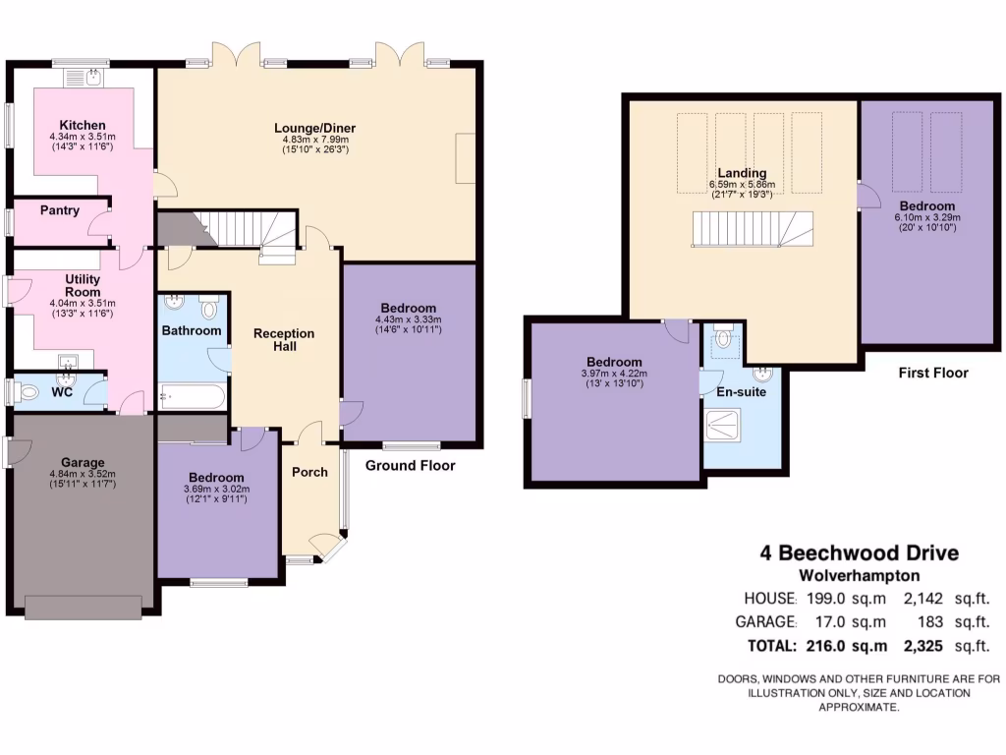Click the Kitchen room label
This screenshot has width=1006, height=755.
coord(83,125)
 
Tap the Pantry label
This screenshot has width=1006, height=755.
coord(60,210)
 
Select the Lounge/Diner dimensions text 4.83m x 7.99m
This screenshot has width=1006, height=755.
coord(314,140)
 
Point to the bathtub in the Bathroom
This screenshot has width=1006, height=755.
coord(193,397)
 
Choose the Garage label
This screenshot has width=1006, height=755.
coord(83,463)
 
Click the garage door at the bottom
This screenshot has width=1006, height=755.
coord(88,607)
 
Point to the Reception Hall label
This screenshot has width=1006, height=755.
coord(284,340)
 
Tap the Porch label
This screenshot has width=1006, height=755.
coord(309,472)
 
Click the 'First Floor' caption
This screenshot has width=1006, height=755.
coord(933,373)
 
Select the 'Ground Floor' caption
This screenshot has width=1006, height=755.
coord(411,465)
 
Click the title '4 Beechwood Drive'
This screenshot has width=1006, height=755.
coord(859,553)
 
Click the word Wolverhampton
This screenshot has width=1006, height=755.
coord(859,576)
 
